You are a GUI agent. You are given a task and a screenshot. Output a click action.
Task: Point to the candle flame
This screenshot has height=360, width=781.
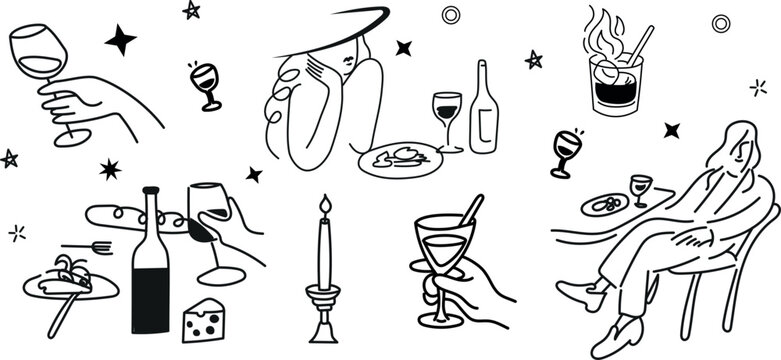[323, 208]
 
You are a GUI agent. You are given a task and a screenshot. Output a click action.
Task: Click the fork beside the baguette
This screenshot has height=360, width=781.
[86, 245]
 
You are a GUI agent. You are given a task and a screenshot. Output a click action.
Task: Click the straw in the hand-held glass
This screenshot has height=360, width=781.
[468, 211]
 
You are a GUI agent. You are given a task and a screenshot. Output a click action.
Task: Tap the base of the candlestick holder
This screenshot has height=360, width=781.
[323, 332]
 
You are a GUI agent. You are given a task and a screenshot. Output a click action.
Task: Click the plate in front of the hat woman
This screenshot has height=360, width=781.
[399, 159]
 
